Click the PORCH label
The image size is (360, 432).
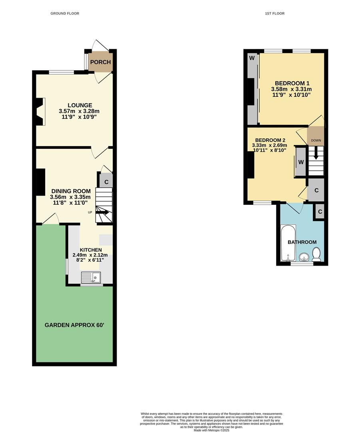pyautogui.click(x=100, y=62)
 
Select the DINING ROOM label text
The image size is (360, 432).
pyautogui.click(x=70, y=191)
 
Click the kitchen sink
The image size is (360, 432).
pyautogui.click(x=91, y=277)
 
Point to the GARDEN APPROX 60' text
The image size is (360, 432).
pyautogui.click(x=74, y=325)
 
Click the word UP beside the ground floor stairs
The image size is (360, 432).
pyautogui.click(x=90, y=212)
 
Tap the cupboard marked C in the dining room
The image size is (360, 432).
pyautogui.click(x=106, y=182)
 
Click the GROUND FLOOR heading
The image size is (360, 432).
pyautogui.click(x=65, y=14)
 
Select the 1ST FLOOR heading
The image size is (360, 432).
pyautogui.click(x=275, y=14)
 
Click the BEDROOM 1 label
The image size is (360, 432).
pyautogui.click(x=291, y=83)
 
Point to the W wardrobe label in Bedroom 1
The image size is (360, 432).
pyautogui.click(x=252, y=58)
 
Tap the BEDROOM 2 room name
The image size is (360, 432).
pyautogui.click(x=270, y=140)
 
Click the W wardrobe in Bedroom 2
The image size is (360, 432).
pyautogui.click(x=301, y=162)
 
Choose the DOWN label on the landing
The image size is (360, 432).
pyautogui.click(x=316, y=140)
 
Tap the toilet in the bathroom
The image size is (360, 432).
pyautogui.click(x=316, y=254)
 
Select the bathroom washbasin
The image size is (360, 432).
pyautogui.click(x=304, y=257)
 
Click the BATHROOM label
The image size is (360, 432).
pyautogui.click(x=302, y=242)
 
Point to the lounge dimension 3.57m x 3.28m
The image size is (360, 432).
pyautogui.click(x=79, y=111)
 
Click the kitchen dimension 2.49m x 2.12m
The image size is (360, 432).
pyautogui.click(x=90, y=255)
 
